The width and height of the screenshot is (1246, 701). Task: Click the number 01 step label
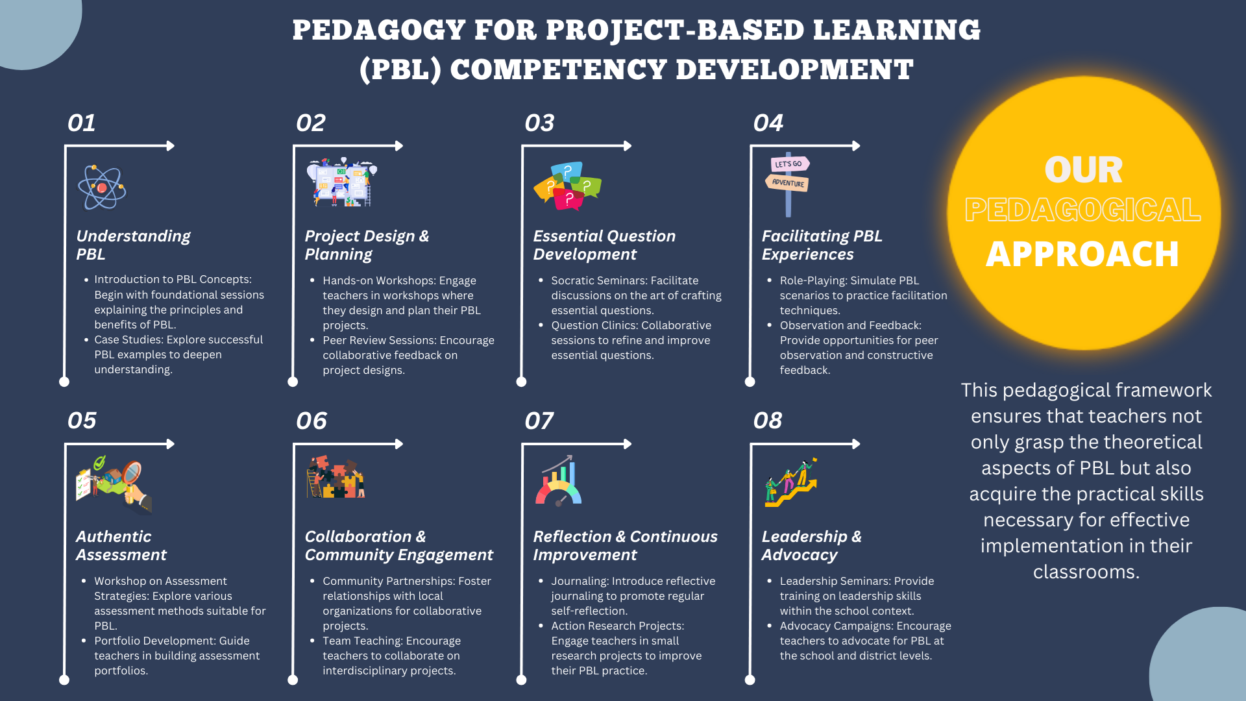point(82,123)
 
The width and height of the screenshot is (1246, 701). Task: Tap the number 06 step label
point(311,421)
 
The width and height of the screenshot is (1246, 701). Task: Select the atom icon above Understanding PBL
point(102,187)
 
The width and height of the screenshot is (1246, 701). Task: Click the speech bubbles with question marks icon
point(568,186)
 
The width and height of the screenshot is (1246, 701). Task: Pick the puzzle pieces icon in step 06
point(336,477)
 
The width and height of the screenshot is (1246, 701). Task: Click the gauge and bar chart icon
point(558,481)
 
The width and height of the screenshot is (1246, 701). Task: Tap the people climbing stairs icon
point(790,482)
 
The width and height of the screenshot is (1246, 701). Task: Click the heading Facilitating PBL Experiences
point(822,245)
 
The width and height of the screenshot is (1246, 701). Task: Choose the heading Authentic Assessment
point(121,545)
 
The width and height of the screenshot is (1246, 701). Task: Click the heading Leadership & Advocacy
point(812,545)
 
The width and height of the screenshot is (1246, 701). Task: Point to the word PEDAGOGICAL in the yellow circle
point(1082,210)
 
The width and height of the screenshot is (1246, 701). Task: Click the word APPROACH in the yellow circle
point(1082,254)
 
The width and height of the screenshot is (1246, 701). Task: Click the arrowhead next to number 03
point(628,146)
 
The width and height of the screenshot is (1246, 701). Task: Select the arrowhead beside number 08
point(856,444)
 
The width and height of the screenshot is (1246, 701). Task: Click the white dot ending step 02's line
point(293,382)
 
